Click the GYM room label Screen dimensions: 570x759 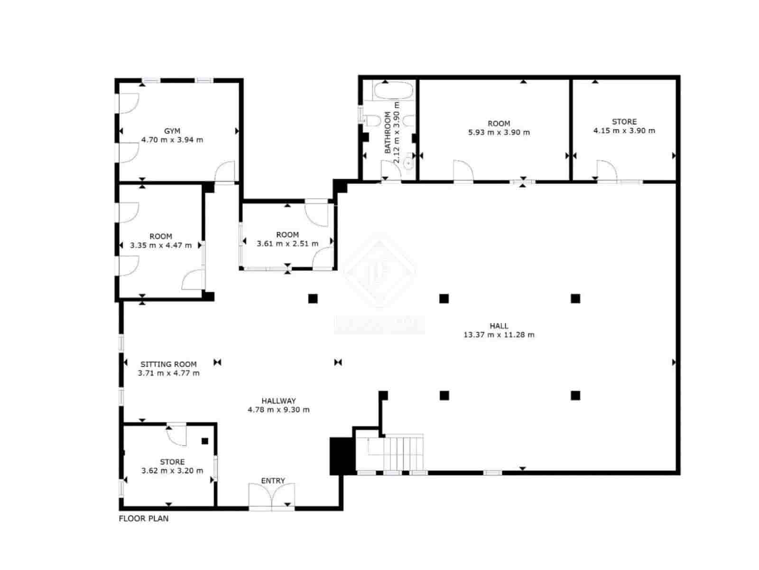(172, 131)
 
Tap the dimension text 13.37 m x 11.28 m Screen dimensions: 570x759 (499, 335)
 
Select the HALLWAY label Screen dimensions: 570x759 (278, 401)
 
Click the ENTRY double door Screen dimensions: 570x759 (272, 496)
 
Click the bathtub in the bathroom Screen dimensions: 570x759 (394, 91)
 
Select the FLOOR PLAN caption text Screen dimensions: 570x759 (143, 519)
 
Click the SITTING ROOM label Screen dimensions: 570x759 (168, 364)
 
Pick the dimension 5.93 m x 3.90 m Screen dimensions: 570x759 (499, 133)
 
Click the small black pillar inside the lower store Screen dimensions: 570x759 (205, 441)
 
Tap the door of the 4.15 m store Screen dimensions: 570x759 (606, 171)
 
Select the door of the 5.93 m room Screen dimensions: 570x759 (463, 171)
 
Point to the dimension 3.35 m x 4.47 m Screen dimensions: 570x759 (161, 246)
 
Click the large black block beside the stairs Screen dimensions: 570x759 (342, 456)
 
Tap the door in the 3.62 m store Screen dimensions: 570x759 (177, 435)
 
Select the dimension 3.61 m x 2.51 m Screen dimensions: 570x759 (287, 244)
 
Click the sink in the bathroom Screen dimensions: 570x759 (408, 164)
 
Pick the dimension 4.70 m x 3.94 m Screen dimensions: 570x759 (172, 140)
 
